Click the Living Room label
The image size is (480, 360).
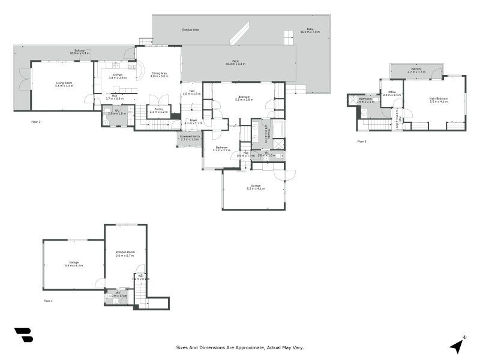click(x=64, y=83)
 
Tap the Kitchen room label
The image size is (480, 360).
click(x=118, y=75)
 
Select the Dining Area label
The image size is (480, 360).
click(x=158, y=73)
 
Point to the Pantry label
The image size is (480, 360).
click(x=158, y=109)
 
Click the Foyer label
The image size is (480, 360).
click(x=194, y=120)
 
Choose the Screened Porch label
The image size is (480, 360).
click(x=190, y=137)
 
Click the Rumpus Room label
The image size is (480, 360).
click(x=125, y=251)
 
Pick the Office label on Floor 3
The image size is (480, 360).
click(x=392, y=92)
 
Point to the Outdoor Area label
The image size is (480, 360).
click(x=190, y=29)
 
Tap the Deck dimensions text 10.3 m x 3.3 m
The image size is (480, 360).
click(x=236, y=64)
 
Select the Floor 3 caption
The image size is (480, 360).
click(x=361, y=142)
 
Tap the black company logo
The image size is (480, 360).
click(x=23, y=335)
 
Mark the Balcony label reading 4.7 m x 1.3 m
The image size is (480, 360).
click(x=416, y=71)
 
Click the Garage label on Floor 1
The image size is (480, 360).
click(x=74, y=262)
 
